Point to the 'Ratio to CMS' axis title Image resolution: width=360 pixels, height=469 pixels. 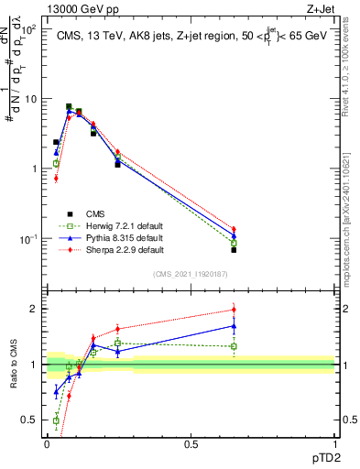tap(12, 365)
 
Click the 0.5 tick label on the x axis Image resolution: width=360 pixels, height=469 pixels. tap(191, 442)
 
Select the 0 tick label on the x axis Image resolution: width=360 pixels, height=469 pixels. tap(47, 442)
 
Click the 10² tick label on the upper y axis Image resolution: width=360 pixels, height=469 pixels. tap(29, 29)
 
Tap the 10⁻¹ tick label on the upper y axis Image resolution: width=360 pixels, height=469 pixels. tap(29, 239)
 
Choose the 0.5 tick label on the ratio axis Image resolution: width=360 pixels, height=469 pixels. tap(31, 420)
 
